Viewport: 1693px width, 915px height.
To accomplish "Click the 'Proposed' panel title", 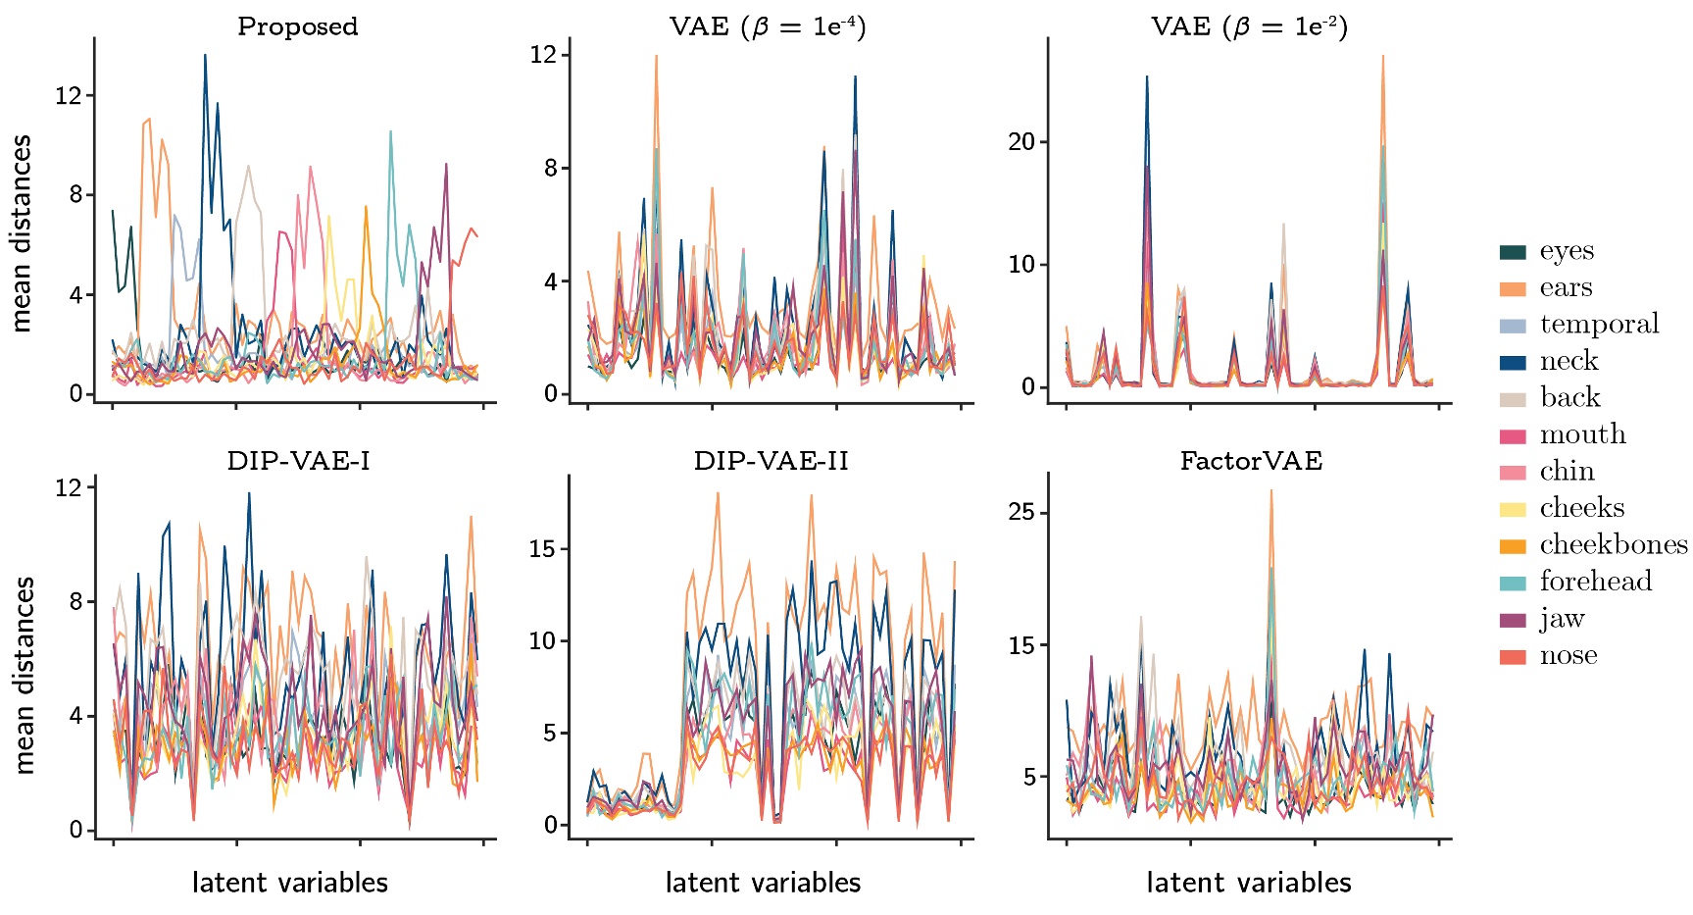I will tap(297, 26).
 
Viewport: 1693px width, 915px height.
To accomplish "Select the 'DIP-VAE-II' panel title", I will tap(771, 461).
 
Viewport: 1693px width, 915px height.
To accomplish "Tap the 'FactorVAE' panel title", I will tap(1250, 461).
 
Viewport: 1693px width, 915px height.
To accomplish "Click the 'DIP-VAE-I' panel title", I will tap(298, 461).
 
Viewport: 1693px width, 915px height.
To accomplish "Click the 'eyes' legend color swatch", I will tap(1513, 252).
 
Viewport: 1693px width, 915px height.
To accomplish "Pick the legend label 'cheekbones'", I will tap(1613, 544).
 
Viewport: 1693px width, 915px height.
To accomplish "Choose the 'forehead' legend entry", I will tap(1595, 582).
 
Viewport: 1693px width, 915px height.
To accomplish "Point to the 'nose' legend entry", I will tap(1568, 655).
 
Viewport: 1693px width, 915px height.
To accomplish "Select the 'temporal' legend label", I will tap(1599, 325).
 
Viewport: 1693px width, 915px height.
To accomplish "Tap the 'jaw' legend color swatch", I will tap(1513, 620).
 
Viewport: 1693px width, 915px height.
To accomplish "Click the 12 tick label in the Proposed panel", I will tap(69, 96).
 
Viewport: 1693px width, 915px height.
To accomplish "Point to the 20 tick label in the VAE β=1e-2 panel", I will tap(1021, 142).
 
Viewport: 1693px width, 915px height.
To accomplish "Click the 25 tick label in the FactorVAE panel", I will tap(1021, 513).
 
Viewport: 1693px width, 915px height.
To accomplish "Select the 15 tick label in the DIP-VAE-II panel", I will tap(542, 549).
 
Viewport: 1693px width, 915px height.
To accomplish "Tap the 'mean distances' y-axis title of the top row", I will tap(22, 233).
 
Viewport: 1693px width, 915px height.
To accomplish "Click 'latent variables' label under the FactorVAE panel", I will tap(1248, 883).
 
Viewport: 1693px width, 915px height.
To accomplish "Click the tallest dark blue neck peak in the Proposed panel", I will tap(205, 55).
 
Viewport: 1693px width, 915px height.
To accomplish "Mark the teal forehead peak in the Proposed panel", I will tap(390, 131).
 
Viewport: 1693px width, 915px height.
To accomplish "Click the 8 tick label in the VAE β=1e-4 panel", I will tap(551, 169).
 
